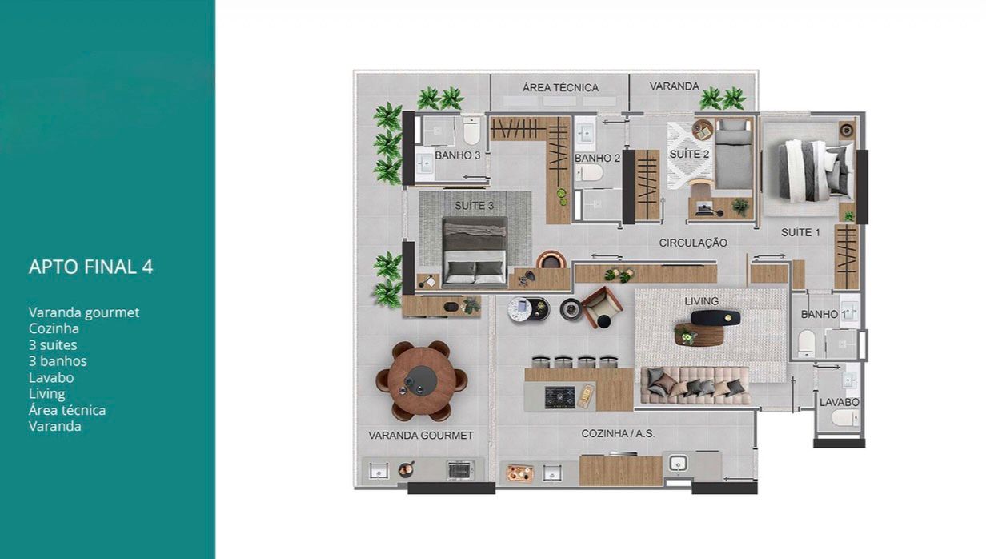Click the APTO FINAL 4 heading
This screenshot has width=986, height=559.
pos(90,267)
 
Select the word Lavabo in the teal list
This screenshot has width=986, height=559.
pos(51,377)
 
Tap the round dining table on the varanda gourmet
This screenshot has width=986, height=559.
pos(421,380)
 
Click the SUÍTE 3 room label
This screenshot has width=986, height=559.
pos(474,206)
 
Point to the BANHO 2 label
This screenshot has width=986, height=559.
pos(597,158)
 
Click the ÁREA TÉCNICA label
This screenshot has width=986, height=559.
pos(560,87)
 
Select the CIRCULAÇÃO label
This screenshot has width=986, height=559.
pos(693,243)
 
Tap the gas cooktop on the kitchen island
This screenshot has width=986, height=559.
pos(560,397)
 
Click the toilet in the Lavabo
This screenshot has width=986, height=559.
pos(844,418)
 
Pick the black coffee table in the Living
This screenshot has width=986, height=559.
pos(715,318)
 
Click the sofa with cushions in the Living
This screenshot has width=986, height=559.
pos(695,385)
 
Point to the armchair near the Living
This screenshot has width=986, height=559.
pos(602,307)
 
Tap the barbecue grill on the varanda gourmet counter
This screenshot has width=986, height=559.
pos(459,469)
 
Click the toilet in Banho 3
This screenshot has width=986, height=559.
pos(471,131)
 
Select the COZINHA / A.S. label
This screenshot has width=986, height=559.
pos(618,434)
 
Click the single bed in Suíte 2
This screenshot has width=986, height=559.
pos(733,154)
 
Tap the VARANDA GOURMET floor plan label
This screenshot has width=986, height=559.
pos(421,436)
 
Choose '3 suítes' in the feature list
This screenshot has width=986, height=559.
pos(53,345)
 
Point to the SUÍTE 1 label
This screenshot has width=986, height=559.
pos(800,232)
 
